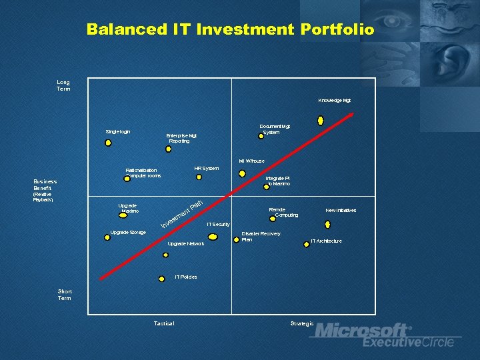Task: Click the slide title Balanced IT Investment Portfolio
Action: [x=230, y=30]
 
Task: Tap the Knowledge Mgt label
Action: [x=334, y=101]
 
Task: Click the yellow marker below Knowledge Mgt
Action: [x=321, y=121]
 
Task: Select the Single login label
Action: [x=118, y=131]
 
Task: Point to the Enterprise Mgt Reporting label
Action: [x=181, y=138]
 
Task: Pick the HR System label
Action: [x=206, y=168]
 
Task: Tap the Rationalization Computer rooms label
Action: [x=143, y=173]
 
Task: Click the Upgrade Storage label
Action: [x=128, y=232]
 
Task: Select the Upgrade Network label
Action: [x=186, y=243]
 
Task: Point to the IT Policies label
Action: [x=186, y=277]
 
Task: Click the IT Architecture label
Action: [x=326, y=241]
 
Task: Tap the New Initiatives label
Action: [x=341, y=210]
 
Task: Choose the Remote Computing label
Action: [x=283, y=212]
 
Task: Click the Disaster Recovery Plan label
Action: [x=261, y=236]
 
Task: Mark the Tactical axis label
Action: [x=163, y=323]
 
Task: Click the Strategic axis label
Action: [x=302, y=323]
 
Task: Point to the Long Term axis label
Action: [x=63, y=85]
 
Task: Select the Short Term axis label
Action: [x=65, y=295]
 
